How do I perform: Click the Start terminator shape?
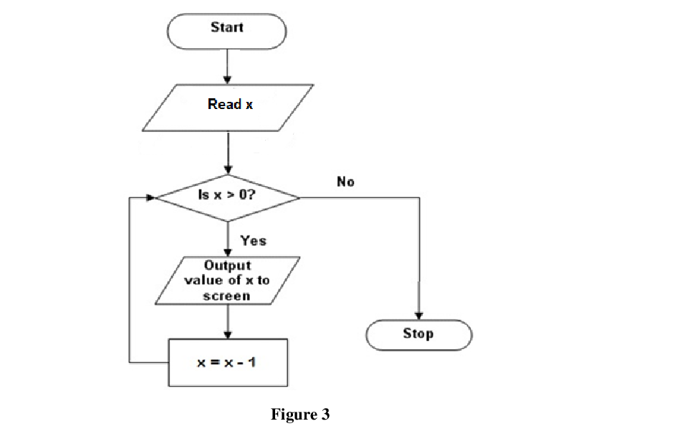[x=226, y=29]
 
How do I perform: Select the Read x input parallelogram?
[x=228, y=108]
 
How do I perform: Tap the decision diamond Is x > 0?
[x=228, y=196]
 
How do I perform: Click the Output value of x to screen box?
[x=228, y=280]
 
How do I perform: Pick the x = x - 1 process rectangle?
[x=228, y=362]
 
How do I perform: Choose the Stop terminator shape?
[x=418, y=334]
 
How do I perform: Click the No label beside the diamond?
[x=345, y=181]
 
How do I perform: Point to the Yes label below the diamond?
[x=253, y=240]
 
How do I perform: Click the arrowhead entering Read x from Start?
[x=228, y=80]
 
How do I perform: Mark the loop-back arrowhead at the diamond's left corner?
[x=150, y=196]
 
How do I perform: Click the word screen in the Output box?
[x=227, y=296]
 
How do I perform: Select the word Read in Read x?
[x=224, y=105]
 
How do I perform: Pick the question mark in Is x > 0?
[x=251, y=195]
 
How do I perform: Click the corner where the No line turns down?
[x=418, y=197]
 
